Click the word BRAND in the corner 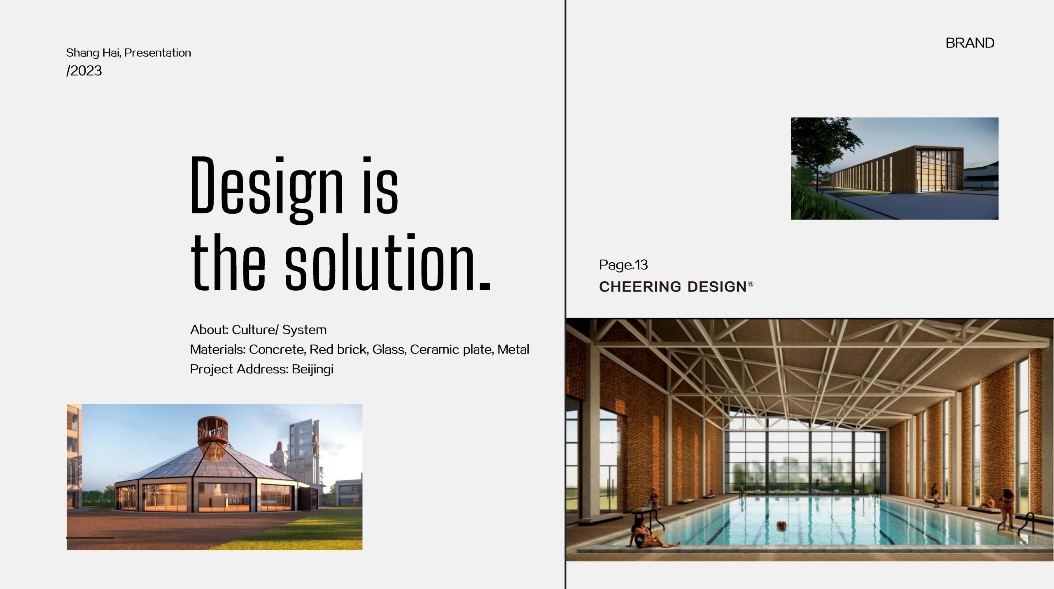[970, 43]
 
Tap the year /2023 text [84, 71]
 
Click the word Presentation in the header [158, 53]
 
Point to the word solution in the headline [380, 261]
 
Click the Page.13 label [623, 265]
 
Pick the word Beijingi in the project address [312, 369]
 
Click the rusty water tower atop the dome [212, 431]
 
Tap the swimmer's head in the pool [781, 526]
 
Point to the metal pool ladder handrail [1029, 523]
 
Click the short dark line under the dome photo [90, 538]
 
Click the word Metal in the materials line [513, 349]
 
